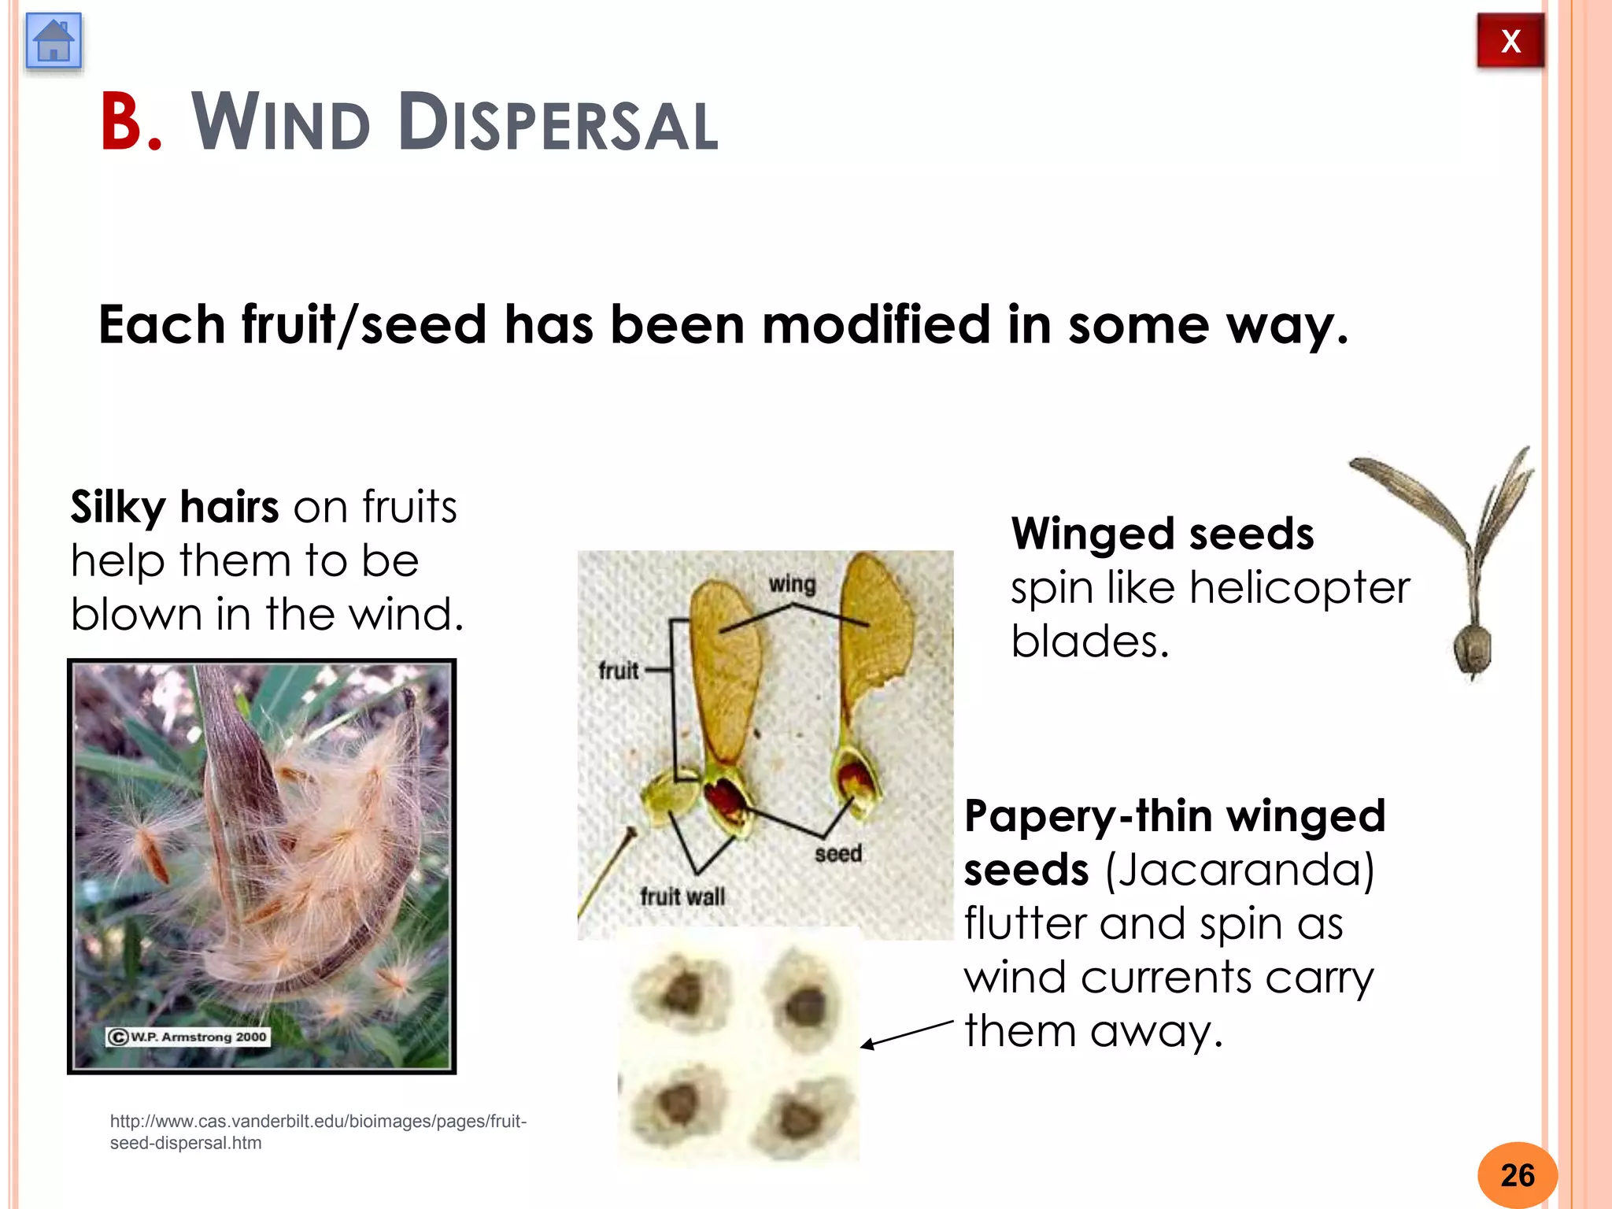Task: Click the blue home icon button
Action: [54, 41]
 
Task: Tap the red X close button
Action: [1510, 41]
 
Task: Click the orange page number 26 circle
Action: [1517, 1175]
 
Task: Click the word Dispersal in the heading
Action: [557, 124]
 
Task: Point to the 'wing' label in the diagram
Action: [792, 584]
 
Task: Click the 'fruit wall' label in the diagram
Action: [682, 897]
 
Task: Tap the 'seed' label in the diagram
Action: [838, 854]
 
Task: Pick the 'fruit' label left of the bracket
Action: [618, 671]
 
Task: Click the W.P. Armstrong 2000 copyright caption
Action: [188, 1037]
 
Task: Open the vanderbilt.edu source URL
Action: [318, 1132]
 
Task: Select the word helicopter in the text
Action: [1300, 588]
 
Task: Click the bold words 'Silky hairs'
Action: [175, 506]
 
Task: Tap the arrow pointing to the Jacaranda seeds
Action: [905, 1033]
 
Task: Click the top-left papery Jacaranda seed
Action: [682, 991]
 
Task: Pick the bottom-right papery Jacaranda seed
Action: [801, 1115]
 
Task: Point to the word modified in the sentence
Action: [876, 325]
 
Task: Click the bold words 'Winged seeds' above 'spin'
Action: [1163, 534]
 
